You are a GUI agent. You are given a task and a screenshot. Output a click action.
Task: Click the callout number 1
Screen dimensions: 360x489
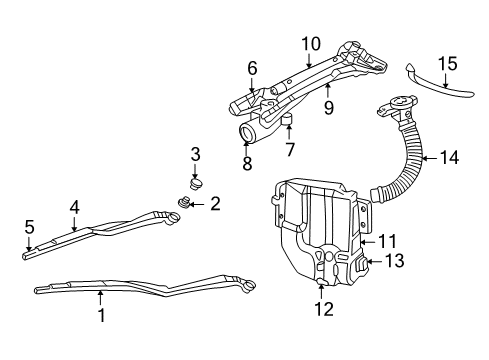click(100, 314)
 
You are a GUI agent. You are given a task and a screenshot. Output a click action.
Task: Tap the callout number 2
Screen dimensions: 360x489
click(215, 204)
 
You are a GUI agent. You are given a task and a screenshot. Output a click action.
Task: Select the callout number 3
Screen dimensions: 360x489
click(196, 154)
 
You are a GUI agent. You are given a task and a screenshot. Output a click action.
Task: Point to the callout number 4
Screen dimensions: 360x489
click(74, 207)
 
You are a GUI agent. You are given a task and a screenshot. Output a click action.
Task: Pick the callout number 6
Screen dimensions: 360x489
click(252, 68)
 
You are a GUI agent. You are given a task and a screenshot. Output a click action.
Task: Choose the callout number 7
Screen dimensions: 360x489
click(289, 149)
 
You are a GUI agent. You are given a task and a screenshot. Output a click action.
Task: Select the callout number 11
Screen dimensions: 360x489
click(386, 241)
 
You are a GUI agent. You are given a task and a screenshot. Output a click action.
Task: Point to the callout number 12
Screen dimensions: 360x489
click(322, 309)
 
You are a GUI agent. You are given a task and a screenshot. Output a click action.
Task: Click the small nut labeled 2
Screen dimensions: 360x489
click(185, 204)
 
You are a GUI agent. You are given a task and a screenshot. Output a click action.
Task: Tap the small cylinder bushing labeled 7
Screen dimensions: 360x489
click(288, 124)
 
